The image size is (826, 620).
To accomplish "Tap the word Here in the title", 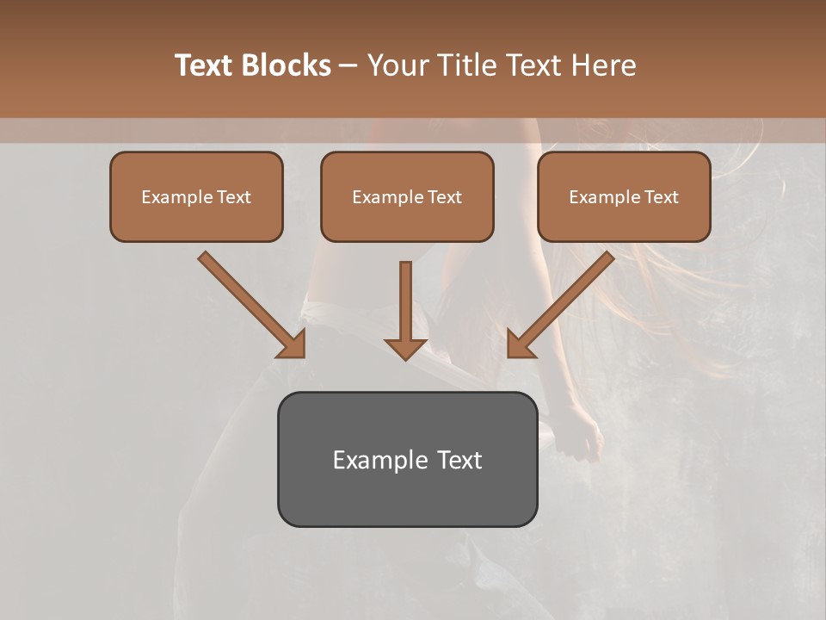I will [x=604, y=65].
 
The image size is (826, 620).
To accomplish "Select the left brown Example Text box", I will [x=196, y=196].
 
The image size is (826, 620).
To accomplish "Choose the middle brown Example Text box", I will [x=407, y=196].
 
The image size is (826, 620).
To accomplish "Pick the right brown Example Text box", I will [x=624, y=196].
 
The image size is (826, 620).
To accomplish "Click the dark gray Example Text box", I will [x=407, y=459].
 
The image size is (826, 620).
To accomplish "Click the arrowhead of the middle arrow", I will [x=405, y=348].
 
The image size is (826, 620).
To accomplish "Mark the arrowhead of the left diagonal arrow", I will [x=293, y=344].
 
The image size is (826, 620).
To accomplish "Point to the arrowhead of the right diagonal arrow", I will [x=520, y=344].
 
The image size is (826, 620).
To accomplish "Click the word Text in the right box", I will [x=662, y=197].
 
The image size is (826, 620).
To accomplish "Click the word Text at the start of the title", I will [x=203, y=65].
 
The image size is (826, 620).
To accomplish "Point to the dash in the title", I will [x=348, y=66].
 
